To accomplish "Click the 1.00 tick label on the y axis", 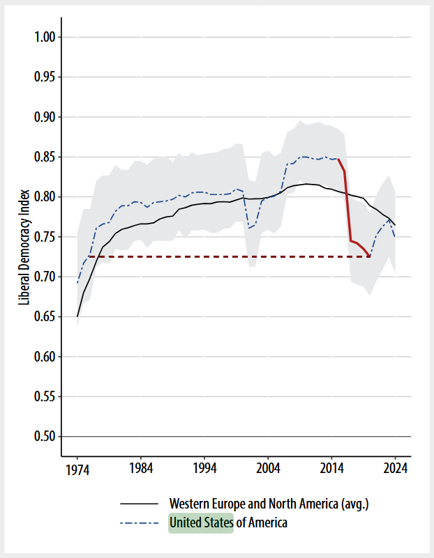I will pyautogui.click(x=48, y=37).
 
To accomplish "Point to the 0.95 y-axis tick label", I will pyautogui.click(x=48, y=77).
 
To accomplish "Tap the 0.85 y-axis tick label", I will pyautogui.click(x=48, y=157).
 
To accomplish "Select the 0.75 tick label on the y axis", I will pyautogui.click(x=48, y=237).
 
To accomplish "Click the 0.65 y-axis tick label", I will pyautogui.click(x=48, y=317).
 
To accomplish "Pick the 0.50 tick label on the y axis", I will pyautogui.click(x=48, y=437).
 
